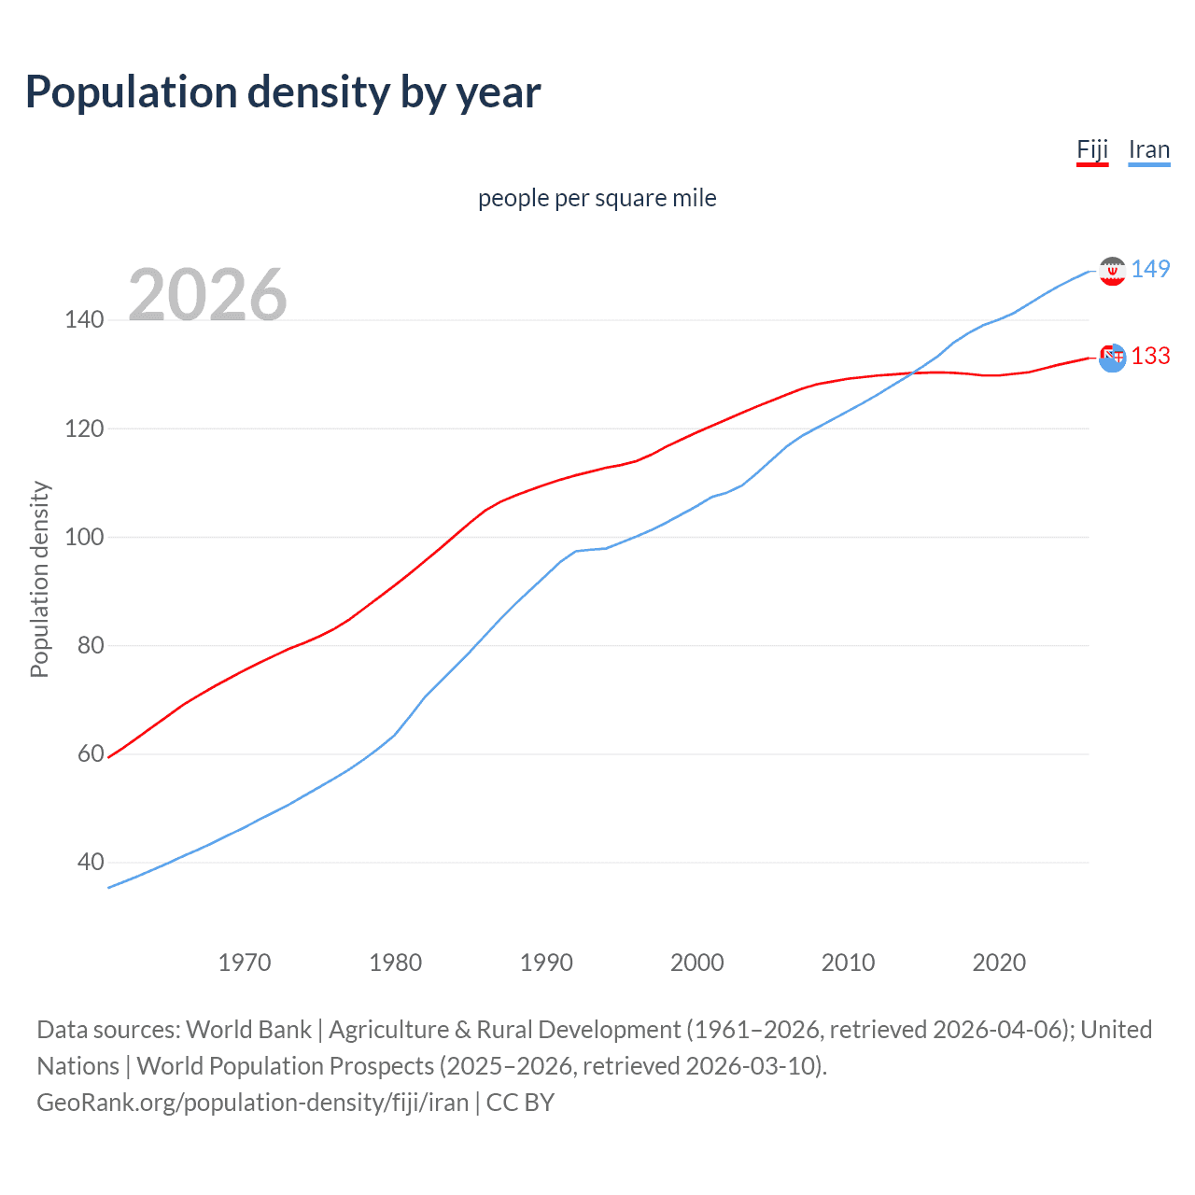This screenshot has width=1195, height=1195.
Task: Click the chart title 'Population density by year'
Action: tap(283, 92)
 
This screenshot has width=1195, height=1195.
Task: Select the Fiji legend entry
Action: tap(1092, 149)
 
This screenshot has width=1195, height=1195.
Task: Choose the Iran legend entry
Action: tap(1148, 149)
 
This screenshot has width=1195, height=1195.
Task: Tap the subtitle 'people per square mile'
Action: tap(597, 198)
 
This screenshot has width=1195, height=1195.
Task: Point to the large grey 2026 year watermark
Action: tap(207, 295)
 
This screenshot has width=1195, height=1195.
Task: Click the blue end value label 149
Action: tap(1150, 269)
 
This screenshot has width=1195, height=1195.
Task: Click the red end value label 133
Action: tap(1150, 356)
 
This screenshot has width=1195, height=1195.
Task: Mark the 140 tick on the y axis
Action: tap(84, 320)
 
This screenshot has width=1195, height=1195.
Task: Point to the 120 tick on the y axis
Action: tap(84, 429)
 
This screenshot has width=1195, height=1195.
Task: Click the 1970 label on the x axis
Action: tap(245, 963)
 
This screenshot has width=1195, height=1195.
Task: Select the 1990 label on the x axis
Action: tap(546, 963)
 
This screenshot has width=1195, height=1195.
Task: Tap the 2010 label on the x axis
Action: tap(848, 963)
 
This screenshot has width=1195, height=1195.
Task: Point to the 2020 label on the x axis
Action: tap(999, 963)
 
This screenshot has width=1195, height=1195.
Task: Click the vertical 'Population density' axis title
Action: tap(39, 579)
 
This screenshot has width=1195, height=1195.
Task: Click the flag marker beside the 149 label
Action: tap(1112, 271)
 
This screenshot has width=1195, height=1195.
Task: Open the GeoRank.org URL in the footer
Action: tap(252, 1103)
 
